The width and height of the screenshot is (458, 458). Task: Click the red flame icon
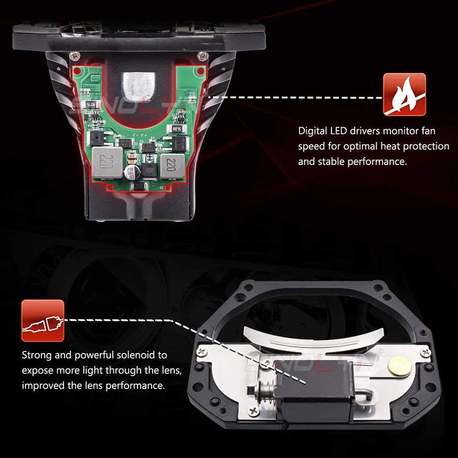coord(404,95)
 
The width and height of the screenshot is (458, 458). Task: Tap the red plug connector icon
coord(42,321)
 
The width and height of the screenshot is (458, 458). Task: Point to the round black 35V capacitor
coord(132,172)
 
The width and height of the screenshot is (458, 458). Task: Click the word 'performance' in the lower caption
coord(140,385)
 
